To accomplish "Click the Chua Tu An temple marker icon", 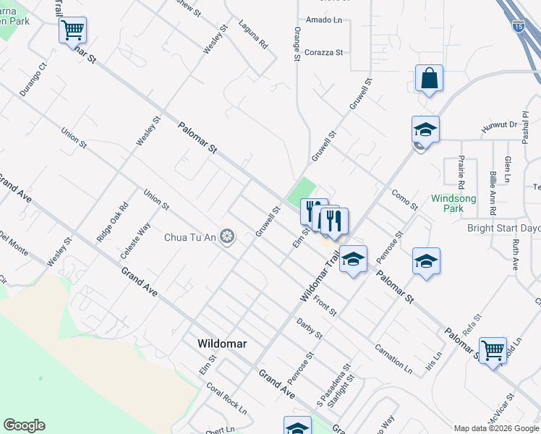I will pos(228,237).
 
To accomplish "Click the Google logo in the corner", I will pos(24,425).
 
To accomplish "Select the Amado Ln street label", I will pos(323,20).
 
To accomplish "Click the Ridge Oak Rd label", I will pos(113,221).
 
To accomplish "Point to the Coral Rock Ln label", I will pos(226,396).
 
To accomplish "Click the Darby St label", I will pos(310,328).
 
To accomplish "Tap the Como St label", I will pos(404,200).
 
